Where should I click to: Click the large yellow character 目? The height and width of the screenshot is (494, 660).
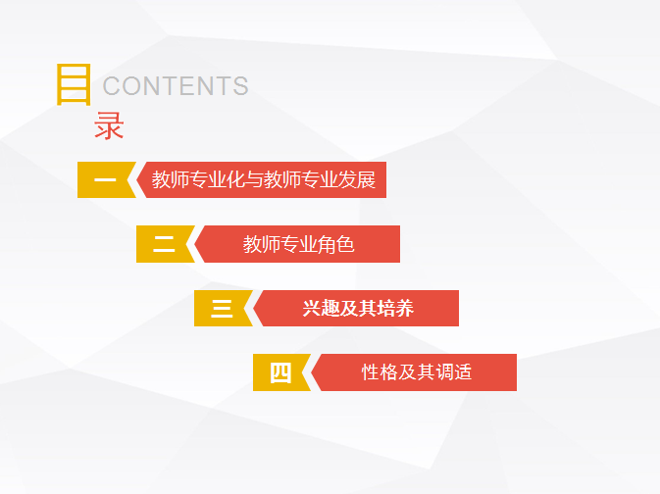(75, 84)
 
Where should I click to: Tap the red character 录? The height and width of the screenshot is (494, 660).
(109, 125)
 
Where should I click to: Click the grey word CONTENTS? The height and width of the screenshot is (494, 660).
(176, 86)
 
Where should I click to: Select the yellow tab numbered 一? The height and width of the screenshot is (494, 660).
(105, 179)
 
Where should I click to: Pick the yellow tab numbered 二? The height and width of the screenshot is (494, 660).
(164, 244)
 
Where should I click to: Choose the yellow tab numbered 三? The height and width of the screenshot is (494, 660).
(222, 309)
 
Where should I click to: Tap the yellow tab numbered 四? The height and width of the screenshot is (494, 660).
(280, 372)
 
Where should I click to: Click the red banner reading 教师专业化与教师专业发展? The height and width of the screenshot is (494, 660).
(262, 179)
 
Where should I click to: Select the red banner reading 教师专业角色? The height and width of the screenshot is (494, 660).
(297, 244)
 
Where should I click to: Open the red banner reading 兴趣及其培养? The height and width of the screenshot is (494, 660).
(357, 309)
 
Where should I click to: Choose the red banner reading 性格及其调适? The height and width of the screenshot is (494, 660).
(415, 372)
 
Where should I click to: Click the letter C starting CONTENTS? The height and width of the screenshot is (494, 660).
(112, 86)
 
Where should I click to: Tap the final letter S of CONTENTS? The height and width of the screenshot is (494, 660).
(241, 86)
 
